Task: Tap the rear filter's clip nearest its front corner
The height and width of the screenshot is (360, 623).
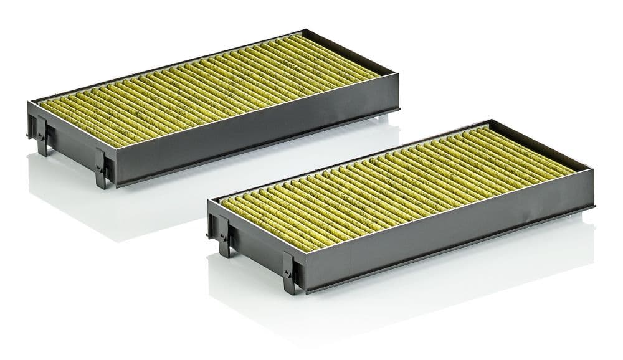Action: [x=102, y=169]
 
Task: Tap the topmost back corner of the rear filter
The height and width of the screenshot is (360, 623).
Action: [x=303, y=30]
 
